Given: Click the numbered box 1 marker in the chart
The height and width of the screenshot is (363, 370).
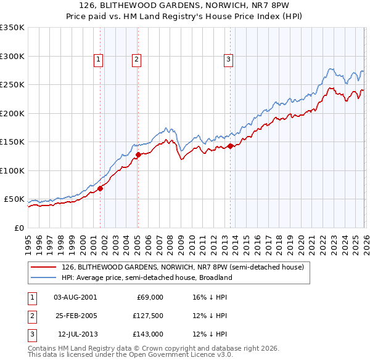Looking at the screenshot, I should [x=99, y=60].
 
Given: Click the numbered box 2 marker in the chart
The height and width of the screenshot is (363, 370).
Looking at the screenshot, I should [x=136, y=60].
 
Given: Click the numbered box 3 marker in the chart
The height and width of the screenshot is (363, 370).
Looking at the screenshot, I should [x=228, y=60].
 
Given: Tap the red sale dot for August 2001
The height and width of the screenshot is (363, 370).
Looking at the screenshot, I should [x=100, y=188].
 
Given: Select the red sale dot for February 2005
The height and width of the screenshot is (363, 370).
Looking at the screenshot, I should [x=138, y=155].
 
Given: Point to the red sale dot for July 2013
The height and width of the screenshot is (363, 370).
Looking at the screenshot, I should [x=230, y=146].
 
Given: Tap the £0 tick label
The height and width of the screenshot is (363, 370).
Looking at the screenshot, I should [x=19, y=228].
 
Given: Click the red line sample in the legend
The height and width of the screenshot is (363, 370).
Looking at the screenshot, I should [x=44, y=268].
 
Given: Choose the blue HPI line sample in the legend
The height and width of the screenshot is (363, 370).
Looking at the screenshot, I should [x=44, y=277].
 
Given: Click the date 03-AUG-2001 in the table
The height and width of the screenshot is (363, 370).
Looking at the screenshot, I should [x=75, y=297].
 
